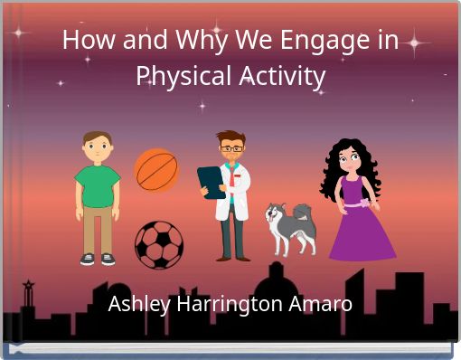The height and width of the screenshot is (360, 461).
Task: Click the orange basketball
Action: [156, 170]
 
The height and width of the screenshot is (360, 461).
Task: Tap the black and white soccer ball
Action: [159, 244]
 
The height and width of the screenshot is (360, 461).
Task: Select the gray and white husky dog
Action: [290, 228]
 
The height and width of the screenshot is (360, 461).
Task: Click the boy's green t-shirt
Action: [98, 185]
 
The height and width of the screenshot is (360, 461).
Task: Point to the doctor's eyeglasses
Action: [231, 147]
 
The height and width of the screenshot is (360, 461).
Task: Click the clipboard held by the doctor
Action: [212, 182]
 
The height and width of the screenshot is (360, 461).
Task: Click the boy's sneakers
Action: [98, 259]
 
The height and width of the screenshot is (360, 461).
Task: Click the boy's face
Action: [97, 147]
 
